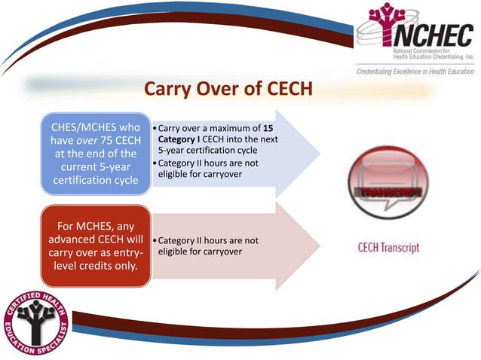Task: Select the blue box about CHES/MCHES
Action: pyautogui.click(x=96, y=154)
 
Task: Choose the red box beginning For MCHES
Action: pyautogui.click(x=96, y=246)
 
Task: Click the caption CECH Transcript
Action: pyautogui.click(x=388, y=248)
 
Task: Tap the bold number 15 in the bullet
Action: pyautogui.click(x=268, y=128)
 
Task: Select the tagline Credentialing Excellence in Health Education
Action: pyautogui.click(x=415, y=71)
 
